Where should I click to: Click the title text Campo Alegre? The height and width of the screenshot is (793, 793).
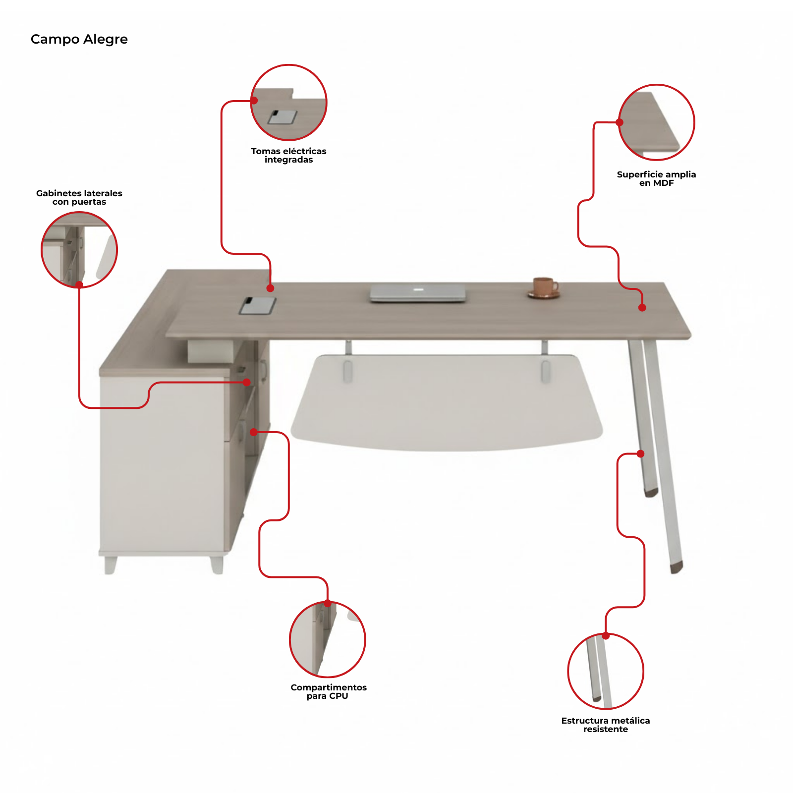point(79,40)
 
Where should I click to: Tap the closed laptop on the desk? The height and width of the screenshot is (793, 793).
point(418,293)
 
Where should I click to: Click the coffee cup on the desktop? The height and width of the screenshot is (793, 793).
point(544,288)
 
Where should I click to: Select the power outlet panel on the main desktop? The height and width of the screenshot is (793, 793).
point(258,305)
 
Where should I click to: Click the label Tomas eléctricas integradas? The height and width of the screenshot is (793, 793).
point(288,155)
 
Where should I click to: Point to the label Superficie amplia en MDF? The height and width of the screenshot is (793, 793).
point(656,178)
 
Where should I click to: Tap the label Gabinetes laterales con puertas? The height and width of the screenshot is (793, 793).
point(79,197)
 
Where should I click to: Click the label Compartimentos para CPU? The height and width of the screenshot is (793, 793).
point(328,691)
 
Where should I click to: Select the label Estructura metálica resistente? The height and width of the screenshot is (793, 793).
point(606,725)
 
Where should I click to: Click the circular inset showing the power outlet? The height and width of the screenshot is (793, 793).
point(288,103)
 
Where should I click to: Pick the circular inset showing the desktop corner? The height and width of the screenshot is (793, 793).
point(656,122)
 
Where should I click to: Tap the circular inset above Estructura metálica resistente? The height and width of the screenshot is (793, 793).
point(606,672)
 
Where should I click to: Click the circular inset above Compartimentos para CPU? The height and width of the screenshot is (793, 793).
point(328,639)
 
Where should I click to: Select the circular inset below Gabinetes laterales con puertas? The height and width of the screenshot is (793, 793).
point(79,250)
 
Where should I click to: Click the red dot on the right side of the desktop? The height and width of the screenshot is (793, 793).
point(642,308)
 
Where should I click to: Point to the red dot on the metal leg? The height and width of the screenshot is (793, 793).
point(640,453)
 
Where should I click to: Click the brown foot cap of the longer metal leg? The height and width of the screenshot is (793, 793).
point(677,567)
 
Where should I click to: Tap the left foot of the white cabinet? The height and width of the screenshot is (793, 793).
point(111,565)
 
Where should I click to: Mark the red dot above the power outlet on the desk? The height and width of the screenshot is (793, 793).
point(270,288)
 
